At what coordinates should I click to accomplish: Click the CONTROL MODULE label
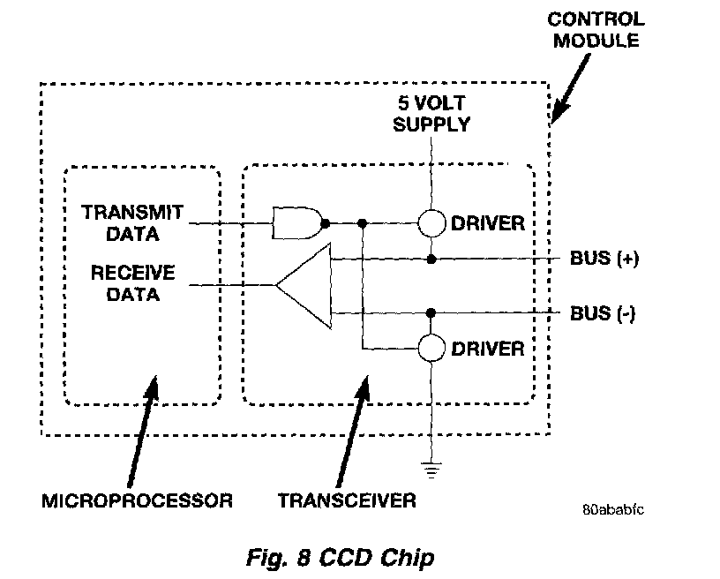[x=596, y=29]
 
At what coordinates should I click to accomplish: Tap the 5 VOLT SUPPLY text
[x=431, y=112]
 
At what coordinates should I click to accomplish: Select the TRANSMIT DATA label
[x=132, y=222]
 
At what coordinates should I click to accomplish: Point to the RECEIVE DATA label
[x=132, y=283]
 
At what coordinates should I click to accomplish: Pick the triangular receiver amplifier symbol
[x=304, y=285]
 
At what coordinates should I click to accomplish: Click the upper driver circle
[x=431, y=222]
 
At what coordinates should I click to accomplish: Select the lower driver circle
[x=431, y=348]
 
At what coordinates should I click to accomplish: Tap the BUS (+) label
[x=604, y=259]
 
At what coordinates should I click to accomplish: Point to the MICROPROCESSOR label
[x=138, y=500]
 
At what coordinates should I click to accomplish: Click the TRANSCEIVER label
[x=347, y=500]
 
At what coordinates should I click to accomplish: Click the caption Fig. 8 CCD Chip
[x=340, y=558]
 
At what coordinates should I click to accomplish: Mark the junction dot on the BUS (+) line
[x=431, y=259]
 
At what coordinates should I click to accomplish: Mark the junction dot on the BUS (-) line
[x=431, y=311]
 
